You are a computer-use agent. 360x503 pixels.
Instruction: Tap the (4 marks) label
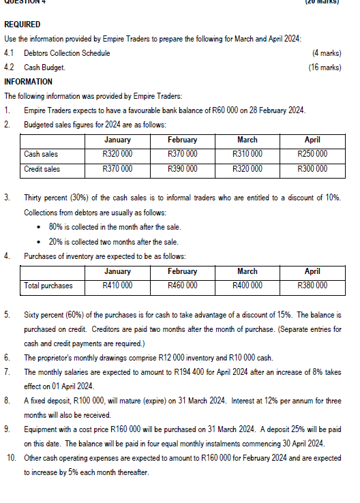(x=326, y=53)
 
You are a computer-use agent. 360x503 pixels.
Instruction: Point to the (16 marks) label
(x=325, y=67)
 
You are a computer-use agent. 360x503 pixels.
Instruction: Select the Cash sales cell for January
(x=117, y=154)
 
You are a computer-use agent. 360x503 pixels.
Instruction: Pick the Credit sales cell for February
(x=182, y=168)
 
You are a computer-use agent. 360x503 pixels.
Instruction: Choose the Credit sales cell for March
(x=247, y=168)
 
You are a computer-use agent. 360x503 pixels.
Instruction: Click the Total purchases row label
(x=48, y=285)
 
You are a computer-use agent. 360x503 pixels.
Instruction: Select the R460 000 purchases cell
(x=182, y=285)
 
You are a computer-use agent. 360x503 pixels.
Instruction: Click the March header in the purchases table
(x=247, y=271)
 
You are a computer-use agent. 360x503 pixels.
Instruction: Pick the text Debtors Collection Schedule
(x=67, y=53)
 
